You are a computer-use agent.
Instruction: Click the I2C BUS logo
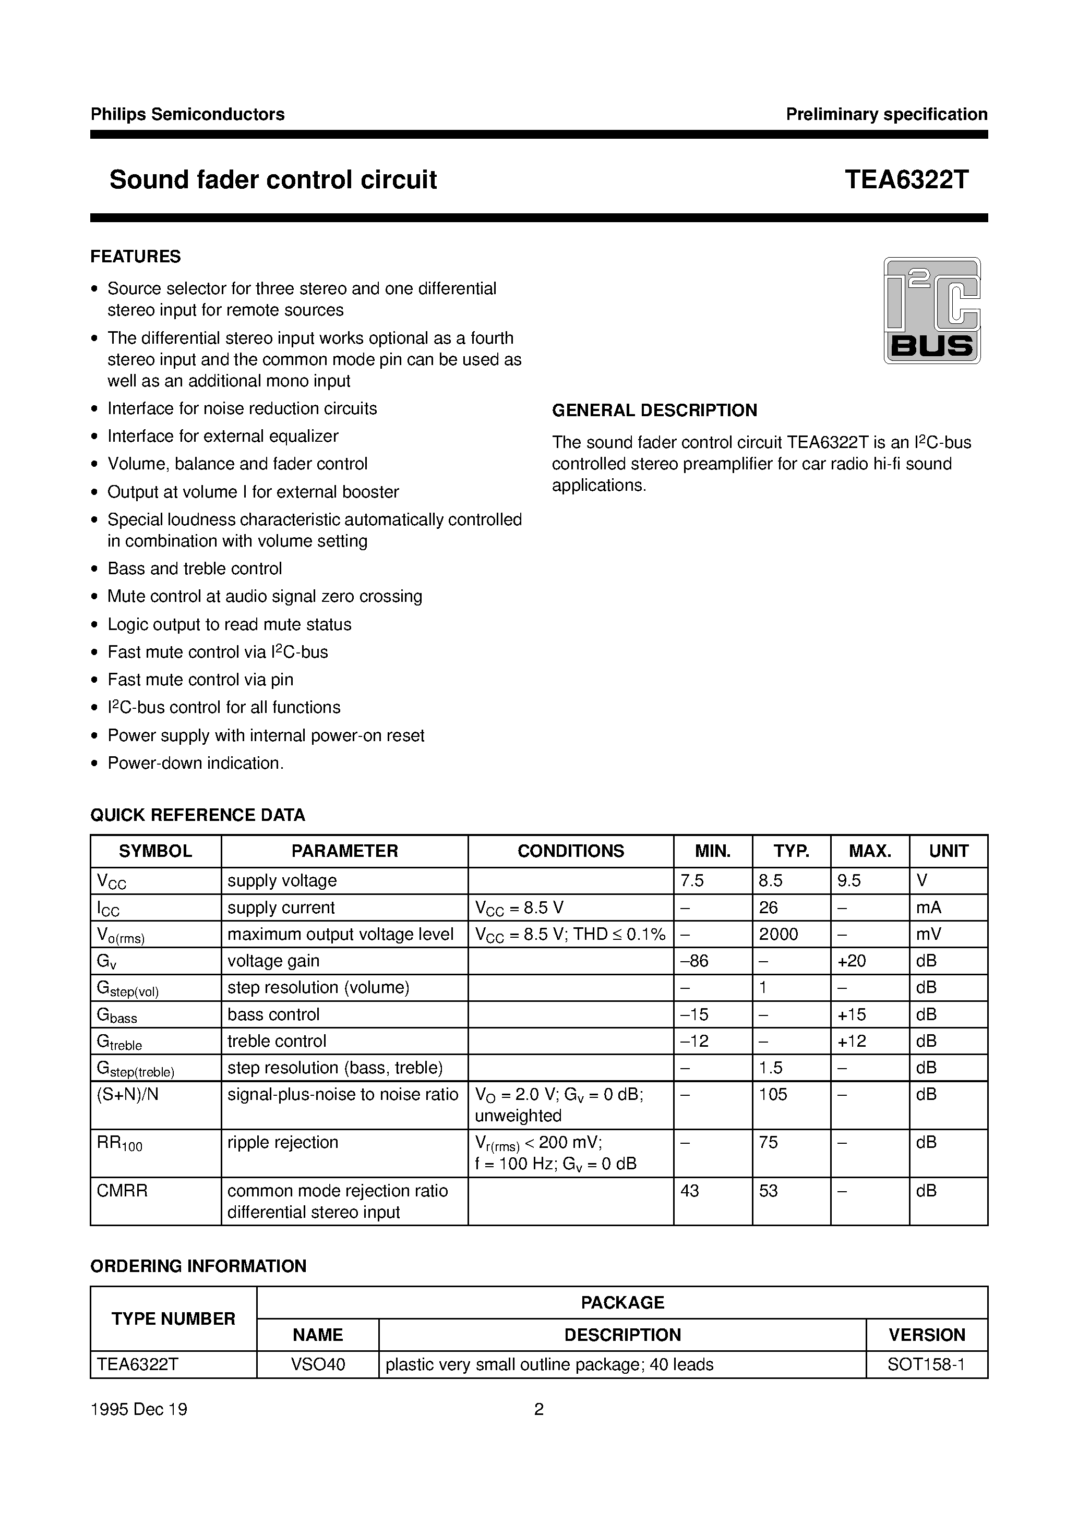click(931, 310)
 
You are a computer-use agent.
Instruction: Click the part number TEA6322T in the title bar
click(906, 179)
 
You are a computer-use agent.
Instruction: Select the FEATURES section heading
click(136, 257)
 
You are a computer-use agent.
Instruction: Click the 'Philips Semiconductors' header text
click(187, 114)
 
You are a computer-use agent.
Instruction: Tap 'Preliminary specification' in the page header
click(886, 114)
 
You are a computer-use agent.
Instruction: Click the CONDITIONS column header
click(570, 851)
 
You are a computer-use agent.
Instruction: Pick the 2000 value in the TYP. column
click(778, 934)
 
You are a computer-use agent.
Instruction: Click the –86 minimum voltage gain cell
click(694, 961)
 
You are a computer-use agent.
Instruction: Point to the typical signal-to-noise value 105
click(773, 1094)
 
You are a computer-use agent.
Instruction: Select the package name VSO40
click(318, 1364)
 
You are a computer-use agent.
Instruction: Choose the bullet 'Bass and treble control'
click(195, 568)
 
